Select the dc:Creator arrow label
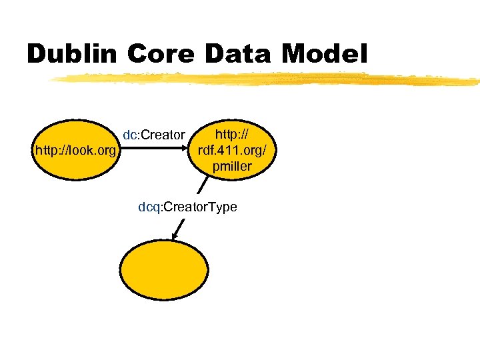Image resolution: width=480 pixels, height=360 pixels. coord(153,135)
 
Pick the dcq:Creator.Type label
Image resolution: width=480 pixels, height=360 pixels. coord(187,207)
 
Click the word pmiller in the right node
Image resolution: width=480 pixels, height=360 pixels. coord(232,167)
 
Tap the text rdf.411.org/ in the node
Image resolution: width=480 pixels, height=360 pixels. coord(232,151)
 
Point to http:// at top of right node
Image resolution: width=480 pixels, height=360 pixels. coord(232,135)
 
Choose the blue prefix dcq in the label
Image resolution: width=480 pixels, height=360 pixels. coord(147,207)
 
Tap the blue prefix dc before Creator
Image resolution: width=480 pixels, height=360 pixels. coord(129,135)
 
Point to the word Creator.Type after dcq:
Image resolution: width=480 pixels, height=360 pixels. coord(200,207)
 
